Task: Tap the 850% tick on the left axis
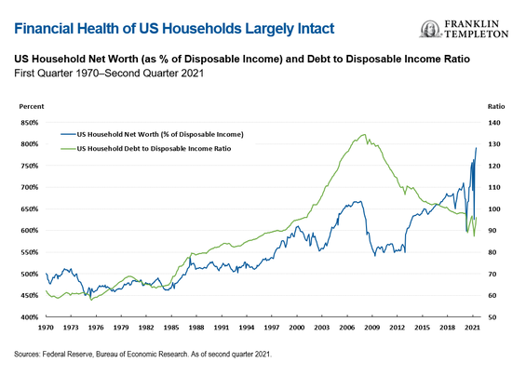coord(29,123)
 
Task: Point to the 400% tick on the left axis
coord(29,317)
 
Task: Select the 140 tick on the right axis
coord(493,123)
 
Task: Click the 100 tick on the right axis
coord(493,209)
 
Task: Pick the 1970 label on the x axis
coord(46,328)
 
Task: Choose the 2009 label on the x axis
coord(372,328)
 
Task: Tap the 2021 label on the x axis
coord(472,328)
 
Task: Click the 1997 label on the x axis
coord(272,328)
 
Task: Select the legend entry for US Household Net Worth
coord(152,135)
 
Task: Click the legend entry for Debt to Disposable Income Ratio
coord(146,149)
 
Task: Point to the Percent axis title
coord(32,107)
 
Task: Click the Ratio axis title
coord(496,107)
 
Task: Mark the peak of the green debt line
coord(364,135)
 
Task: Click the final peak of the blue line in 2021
coord(476,148)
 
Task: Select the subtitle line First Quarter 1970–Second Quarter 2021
coord(109,74)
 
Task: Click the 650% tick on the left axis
coord(29,209)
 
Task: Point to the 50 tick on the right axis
coord(493,317)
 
